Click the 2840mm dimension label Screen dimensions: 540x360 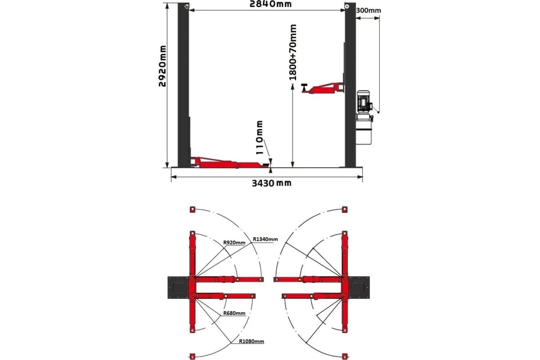pos(270,4)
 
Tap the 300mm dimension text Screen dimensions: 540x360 pos(369,11)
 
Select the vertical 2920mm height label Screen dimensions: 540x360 pos(162,66)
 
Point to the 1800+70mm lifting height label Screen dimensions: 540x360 pos(292,52)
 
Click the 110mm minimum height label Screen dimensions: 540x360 pos(259,137)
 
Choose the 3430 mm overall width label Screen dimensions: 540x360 pos(271,183)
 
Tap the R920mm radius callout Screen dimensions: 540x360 pos(234,243)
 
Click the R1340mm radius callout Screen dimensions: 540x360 pos(265,239)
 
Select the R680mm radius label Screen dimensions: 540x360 pos(234,313)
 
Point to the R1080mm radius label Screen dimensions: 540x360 pos(252,342)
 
